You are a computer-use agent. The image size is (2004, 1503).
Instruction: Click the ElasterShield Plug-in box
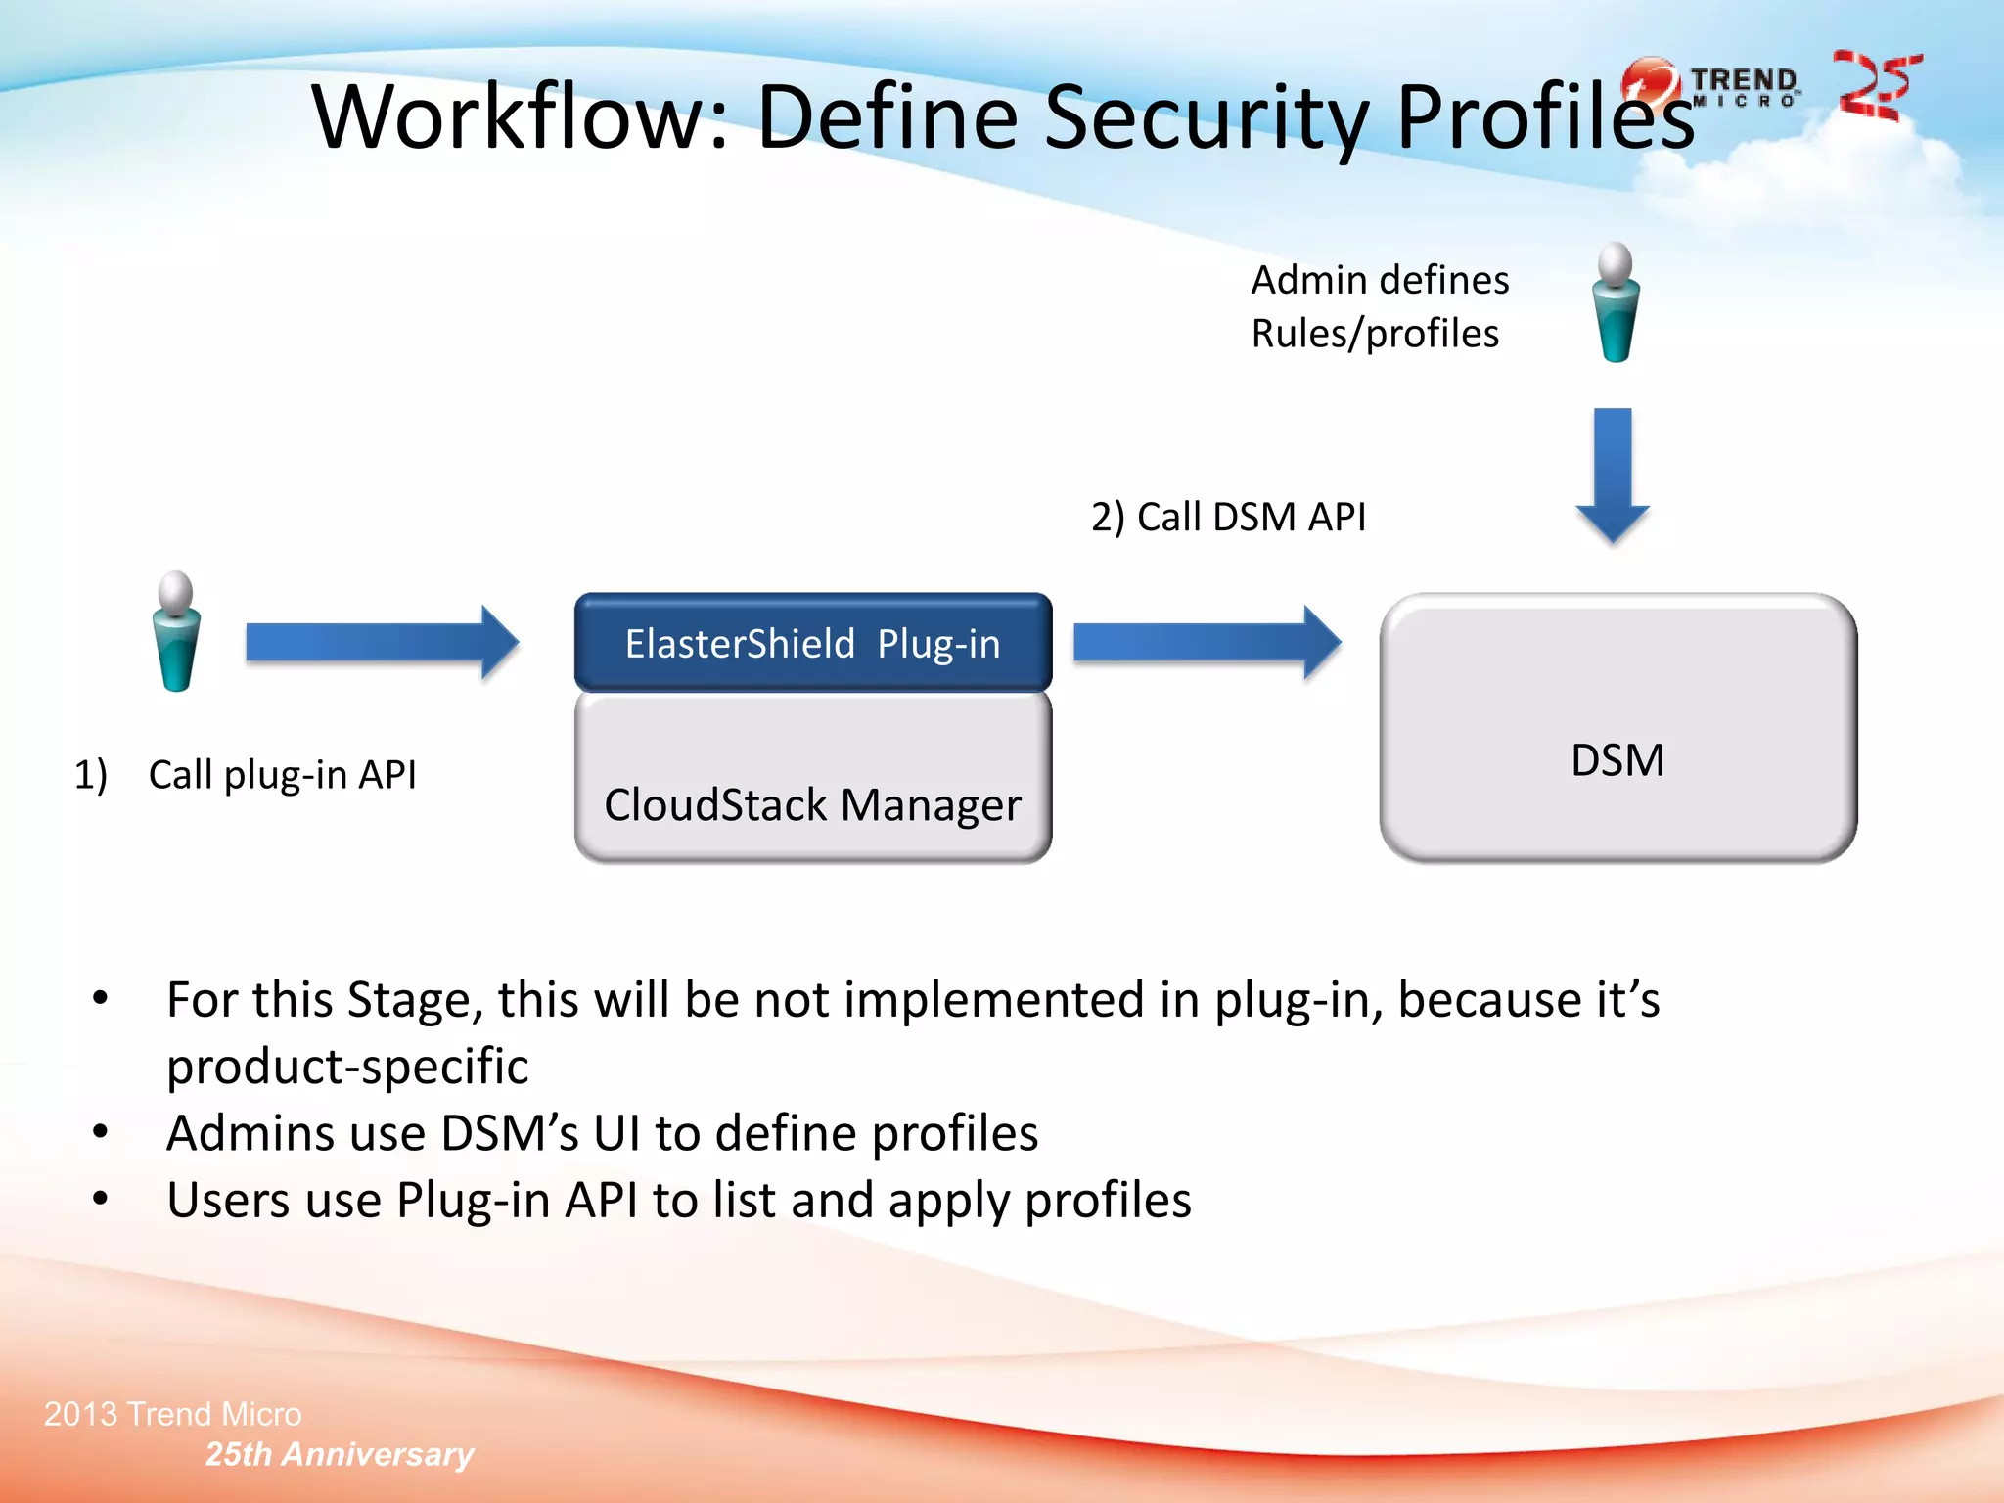pyautogui.click(x=812, y=643)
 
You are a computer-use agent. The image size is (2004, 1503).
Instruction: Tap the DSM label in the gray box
pyautogui.click(x=1617, y=760)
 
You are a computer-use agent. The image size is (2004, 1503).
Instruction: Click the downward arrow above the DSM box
pyautogui.click(x=1613, y=475)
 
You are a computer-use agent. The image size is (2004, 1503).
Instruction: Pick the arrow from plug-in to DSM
pyautogui.click(x=1206, y=643)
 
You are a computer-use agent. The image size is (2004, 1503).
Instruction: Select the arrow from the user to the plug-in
pyautogui.click(x=382, y=643)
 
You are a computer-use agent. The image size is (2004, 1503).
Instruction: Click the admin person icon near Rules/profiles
pyautogui.click(x=1616, y=303)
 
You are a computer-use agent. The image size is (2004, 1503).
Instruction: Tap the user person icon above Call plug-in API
pyautogui.click(x=176, y=632)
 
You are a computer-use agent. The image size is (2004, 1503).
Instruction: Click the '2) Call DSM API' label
pyautogui.click(x=1228, y=517)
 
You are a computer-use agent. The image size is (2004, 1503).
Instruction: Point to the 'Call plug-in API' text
pyautogui.click(x=282, y=775)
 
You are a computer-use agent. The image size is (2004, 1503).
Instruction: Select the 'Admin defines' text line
pyautogui.click(x=1380, y=281)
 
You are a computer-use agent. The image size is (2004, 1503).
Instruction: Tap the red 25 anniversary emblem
pyautogui.click(x=1876, y=86)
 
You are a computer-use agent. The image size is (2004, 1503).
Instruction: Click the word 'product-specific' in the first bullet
pyautogui.click(x=347, y=1067)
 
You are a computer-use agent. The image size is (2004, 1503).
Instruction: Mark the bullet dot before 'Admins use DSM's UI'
pyautogui.click(x=100, y=1132)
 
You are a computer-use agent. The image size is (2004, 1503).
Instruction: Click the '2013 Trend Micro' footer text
pyautogui.click(x=173, y=1414)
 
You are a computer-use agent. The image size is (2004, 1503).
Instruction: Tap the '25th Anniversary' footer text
pyautogui.click(x=339, y=1454)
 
